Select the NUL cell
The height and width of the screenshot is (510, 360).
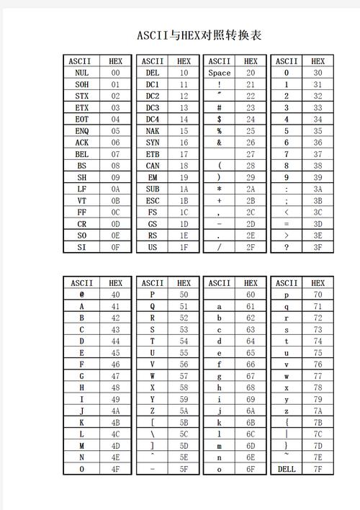81,73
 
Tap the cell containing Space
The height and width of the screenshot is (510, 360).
219,73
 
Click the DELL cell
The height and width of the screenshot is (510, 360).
287,469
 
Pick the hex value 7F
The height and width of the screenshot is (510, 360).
318,469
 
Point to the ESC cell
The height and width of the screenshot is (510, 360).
152,200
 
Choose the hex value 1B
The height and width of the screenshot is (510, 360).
184,200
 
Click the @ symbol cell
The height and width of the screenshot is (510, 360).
81,294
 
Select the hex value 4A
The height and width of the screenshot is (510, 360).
115,411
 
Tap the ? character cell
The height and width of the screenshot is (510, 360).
287,247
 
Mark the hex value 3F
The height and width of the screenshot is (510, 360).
318,247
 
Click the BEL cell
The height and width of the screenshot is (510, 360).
81,154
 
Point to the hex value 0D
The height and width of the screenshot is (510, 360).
115,224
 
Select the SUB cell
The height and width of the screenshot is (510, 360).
152,189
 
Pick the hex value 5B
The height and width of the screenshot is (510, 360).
184,422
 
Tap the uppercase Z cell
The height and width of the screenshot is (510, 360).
152,411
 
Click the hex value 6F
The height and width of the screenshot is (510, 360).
251,469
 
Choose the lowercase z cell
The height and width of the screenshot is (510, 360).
287,411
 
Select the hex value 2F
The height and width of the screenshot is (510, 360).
251,247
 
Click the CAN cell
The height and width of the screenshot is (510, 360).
152,166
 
